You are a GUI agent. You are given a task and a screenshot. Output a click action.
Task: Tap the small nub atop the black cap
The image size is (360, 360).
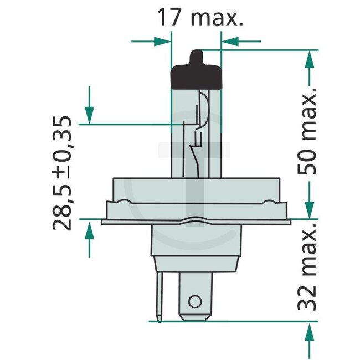pyautogui.click(x=196, y=56)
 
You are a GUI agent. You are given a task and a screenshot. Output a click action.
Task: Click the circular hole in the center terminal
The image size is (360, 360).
pyautogui.click(x=194, y=301)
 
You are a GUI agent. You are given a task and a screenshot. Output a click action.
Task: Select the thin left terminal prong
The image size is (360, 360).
pyautogui.click(x=160, y=294)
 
